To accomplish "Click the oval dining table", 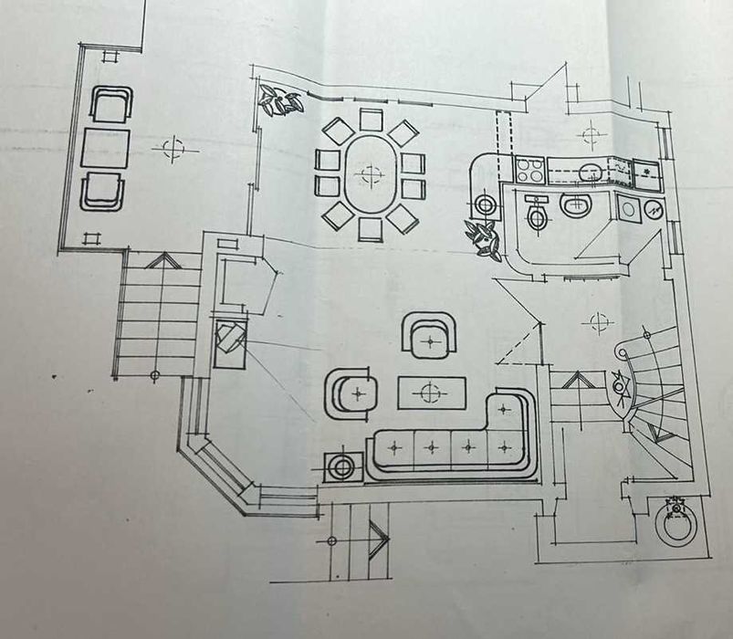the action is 370,173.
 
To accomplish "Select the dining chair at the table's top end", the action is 371,120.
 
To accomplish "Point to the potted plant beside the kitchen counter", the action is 481,238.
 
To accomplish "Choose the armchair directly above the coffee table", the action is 429,336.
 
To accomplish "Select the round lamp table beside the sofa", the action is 343,466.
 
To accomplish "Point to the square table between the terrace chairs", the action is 104,148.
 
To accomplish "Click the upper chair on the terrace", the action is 110,104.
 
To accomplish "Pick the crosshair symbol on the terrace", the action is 173,148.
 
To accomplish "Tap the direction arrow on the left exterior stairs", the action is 162,262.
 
